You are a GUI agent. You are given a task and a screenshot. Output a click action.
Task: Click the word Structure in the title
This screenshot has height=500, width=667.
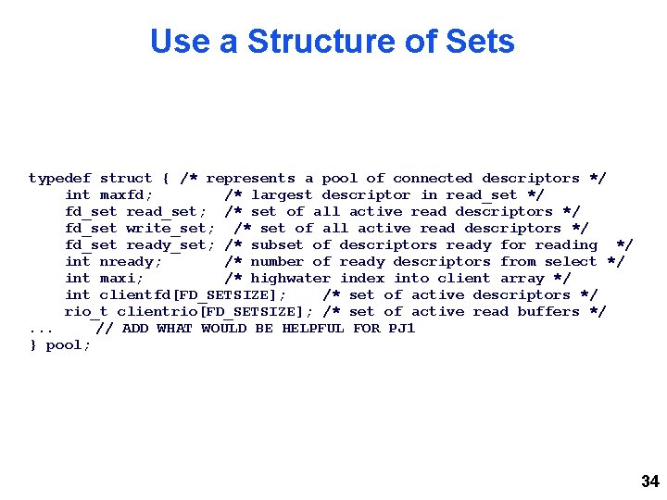[x=311, y=42]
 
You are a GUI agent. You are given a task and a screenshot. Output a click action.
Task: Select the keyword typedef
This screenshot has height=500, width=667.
[x=59, y=178]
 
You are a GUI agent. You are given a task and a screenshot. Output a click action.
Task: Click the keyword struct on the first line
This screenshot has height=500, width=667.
[x=125, y=178]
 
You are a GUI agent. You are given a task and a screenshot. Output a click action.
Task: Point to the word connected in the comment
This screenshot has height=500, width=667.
[x=433, y=178]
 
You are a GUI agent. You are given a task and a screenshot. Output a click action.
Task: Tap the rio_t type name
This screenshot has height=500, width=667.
[x=86, y=311]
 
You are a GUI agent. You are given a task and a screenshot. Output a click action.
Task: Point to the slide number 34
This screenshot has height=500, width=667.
[x=649, y=481]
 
